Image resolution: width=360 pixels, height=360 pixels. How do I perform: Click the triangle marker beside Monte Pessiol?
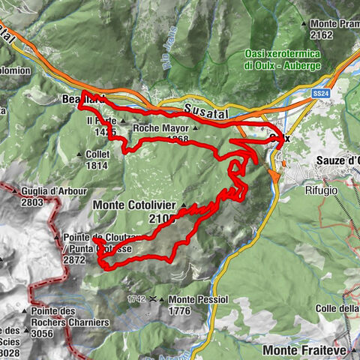pos(163,298)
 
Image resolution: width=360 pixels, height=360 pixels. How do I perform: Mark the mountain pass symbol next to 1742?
pos(153,298)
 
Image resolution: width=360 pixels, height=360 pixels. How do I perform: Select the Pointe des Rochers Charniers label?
pos(70,316)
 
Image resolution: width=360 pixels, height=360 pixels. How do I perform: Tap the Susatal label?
pos(203,110)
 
